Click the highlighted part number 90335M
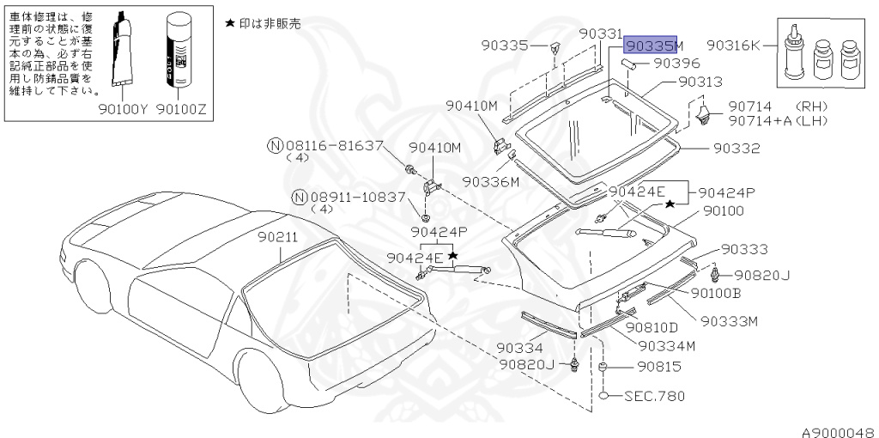pyautogui.click(x=653, y=45)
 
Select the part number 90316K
pyautogui.click(x=733, y=45)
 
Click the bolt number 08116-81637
pyautogui.click(x=333, y=147)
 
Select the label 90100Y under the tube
pyautogui.click(x=124, y=108)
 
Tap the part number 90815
pyautogui.click(x=658, y=367)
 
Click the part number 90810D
pyautogui.click(x=652, y=327)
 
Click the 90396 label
pyautogui.click(x=677, y=63)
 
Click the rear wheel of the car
pyautogui.click(x=263, y=381)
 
